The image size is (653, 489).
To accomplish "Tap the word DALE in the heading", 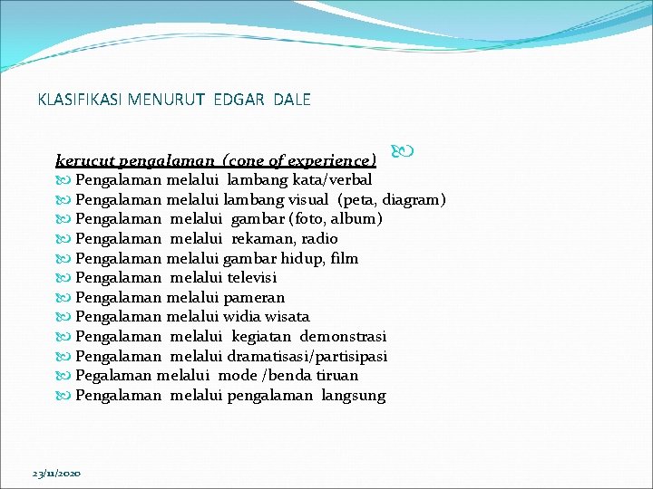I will (x=290, y=100).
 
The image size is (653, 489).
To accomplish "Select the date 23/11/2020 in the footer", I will (x=56, y=474).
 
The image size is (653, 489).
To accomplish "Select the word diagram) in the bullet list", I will (x=414, y=199).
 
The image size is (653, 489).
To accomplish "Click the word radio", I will (x=319, y=239).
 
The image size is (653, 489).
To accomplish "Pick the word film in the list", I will (x=345, y=258).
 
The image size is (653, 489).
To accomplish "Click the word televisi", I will (x=252, y=278).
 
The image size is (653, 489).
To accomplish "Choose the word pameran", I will (x=256, y=297).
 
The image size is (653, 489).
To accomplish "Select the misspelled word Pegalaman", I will (x=113, y=376).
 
